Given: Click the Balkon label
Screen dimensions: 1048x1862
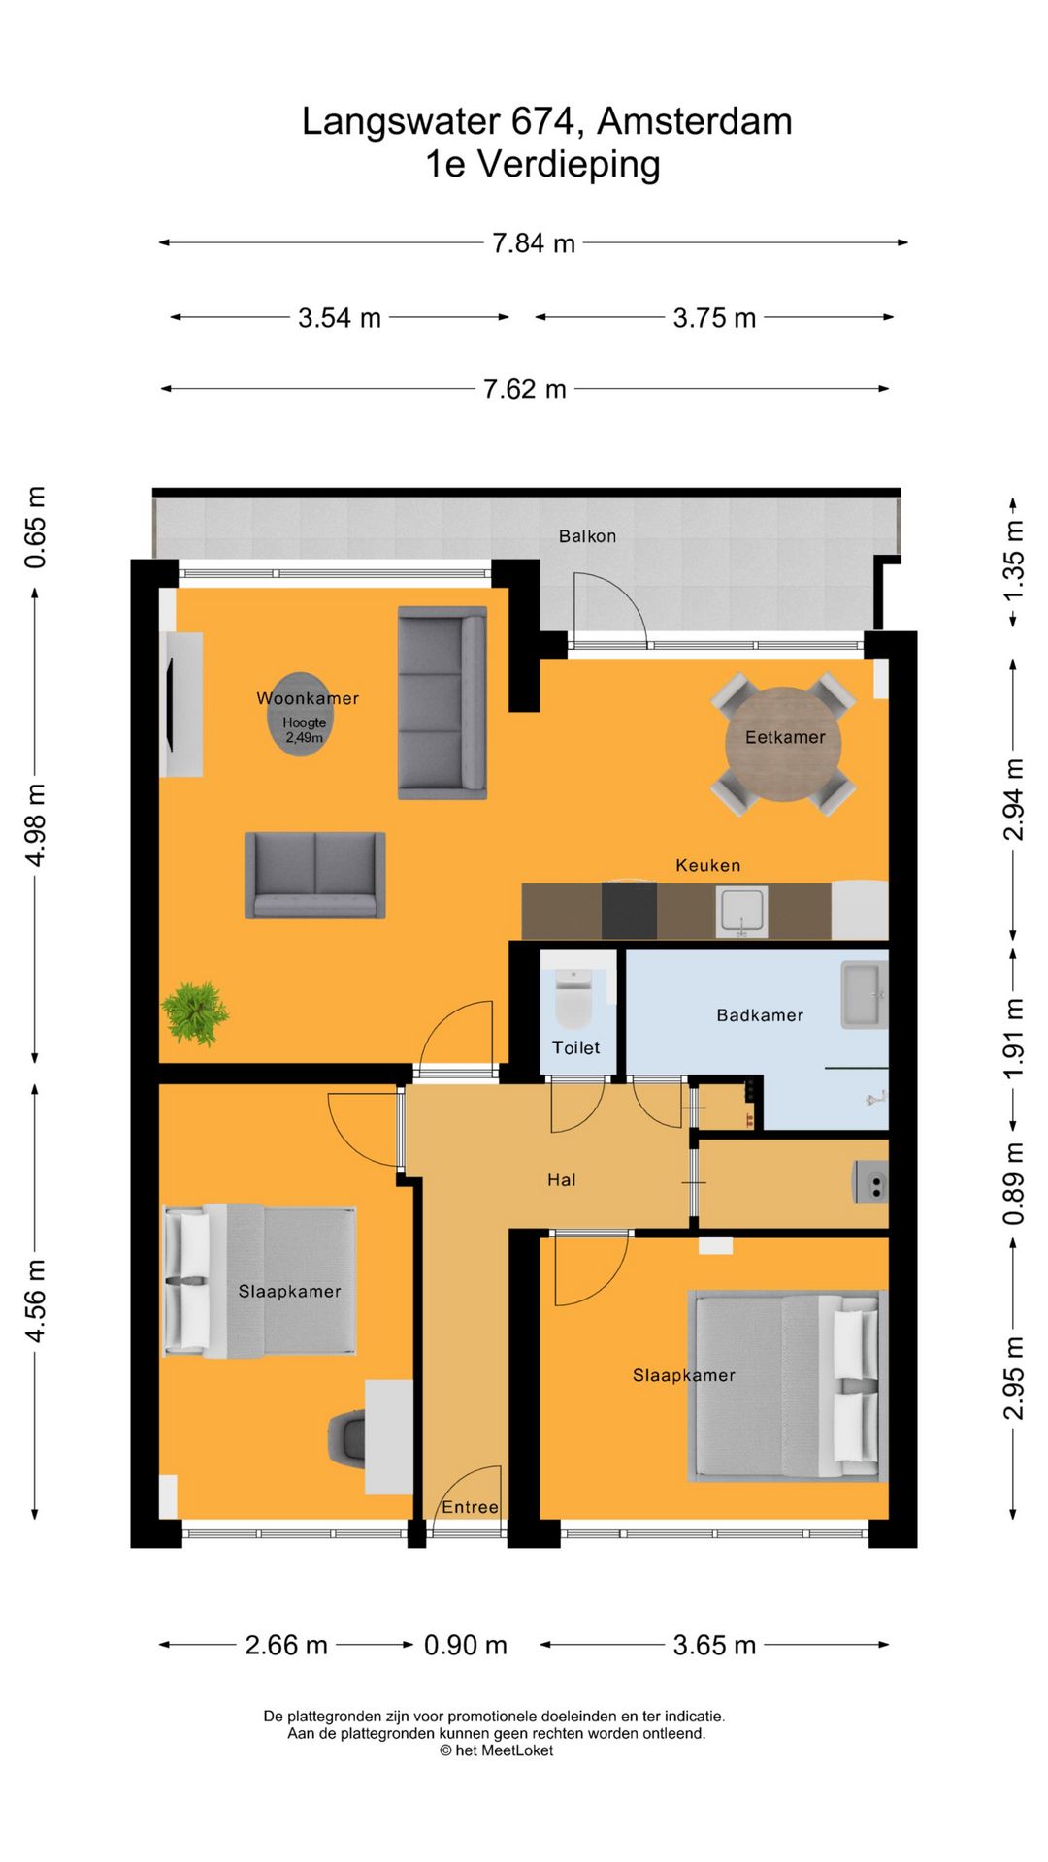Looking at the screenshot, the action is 587,536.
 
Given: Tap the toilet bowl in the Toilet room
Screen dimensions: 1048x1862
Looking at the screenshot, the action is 573,999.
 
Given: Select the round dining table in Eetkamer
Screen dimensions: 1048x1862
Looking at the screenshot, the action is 783,744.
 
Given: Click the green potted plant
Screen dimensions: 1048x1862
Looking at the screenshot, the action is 195,1013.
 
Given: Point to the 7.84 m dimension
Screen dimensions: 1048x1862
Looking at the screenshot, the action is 534,242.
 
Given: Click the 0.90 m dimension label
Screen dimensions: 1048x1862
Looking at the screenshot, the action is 466,1645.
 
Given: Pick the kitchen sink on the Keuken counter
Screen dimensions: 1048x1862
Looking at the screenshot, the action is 741,912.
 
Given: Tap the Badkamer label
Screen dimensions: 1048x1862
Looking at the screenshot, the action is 760,1015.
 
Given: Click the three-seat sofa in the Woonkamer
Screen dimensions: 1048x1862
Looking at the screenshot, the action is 442,703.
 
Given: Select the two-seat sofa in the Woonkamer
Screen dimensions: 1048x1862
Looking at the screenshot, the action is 315,875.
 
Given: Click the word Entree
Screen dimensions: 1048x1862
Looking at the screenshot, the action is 470,1507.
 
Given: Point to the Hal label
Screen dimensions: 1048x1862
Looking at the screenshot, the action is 562,1180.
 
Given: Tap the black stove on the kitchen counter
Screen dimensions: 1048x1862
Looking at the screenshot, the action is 629,910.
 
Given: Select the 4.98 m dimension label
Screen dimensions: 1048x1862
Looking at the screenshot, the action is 35,825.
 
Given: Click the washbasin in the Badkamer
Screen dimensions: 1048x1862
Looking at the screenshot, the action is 864,994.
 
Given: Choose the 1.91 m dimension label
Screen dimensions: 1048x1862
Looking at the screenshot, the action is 1012,1039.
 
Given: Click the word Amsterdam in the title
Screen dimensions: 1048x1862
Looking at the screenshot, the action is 695,121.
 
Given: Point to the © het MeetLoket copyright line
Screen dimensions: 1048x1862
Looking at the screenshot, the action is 496,1750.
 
